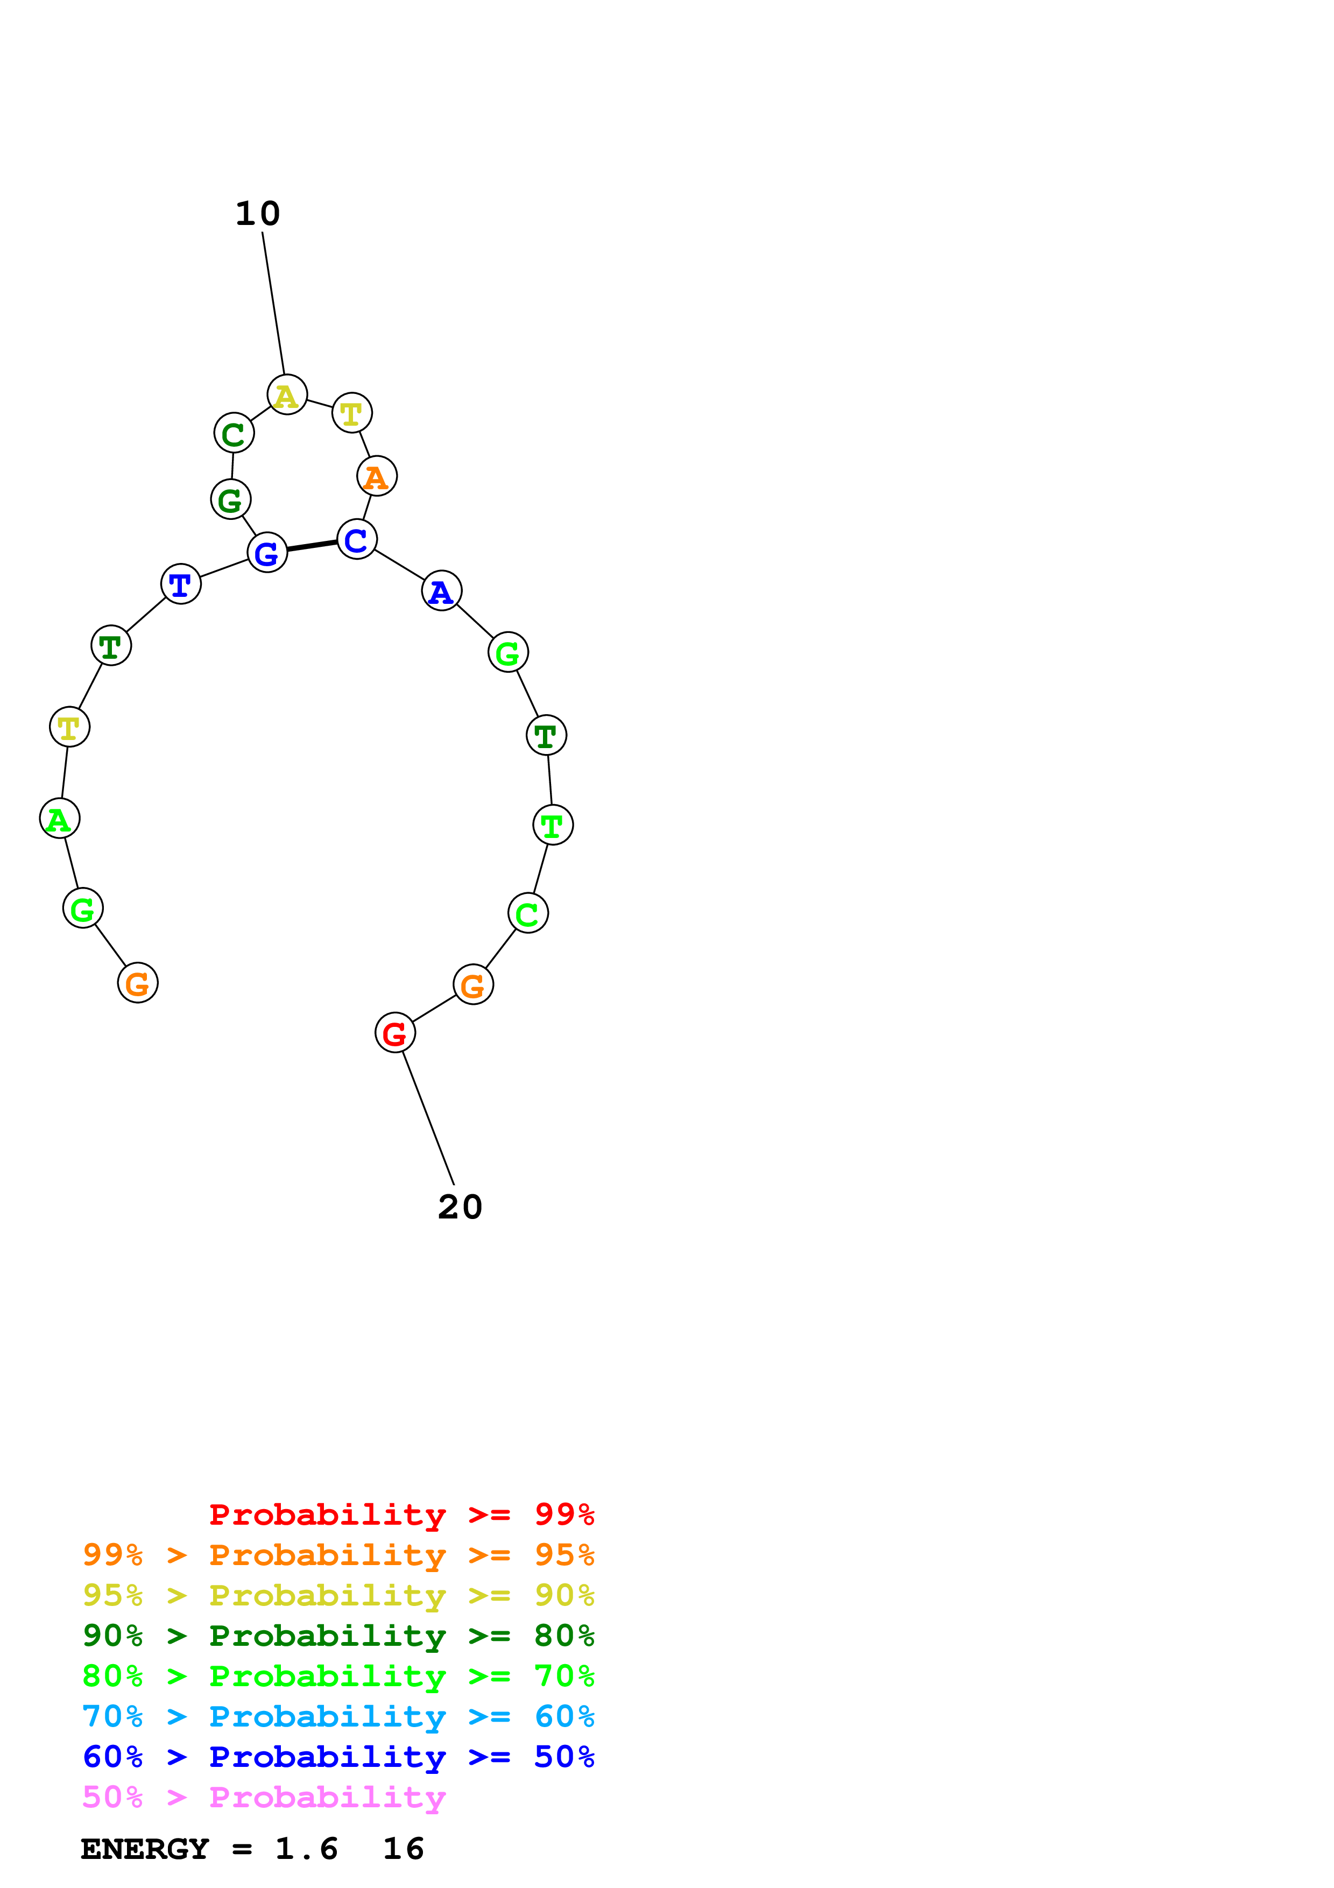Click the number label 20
point(460,1207)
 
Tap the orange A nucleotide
point(377,476)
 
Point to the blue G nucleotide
point(267,553)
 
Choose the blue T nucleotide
point(181,584)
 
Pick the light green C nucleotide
point(528,913)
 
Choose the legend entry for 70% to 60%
point(338,1716)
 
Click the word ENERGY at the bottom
point(145,1849)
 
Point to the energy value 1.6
point(306,1849)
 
